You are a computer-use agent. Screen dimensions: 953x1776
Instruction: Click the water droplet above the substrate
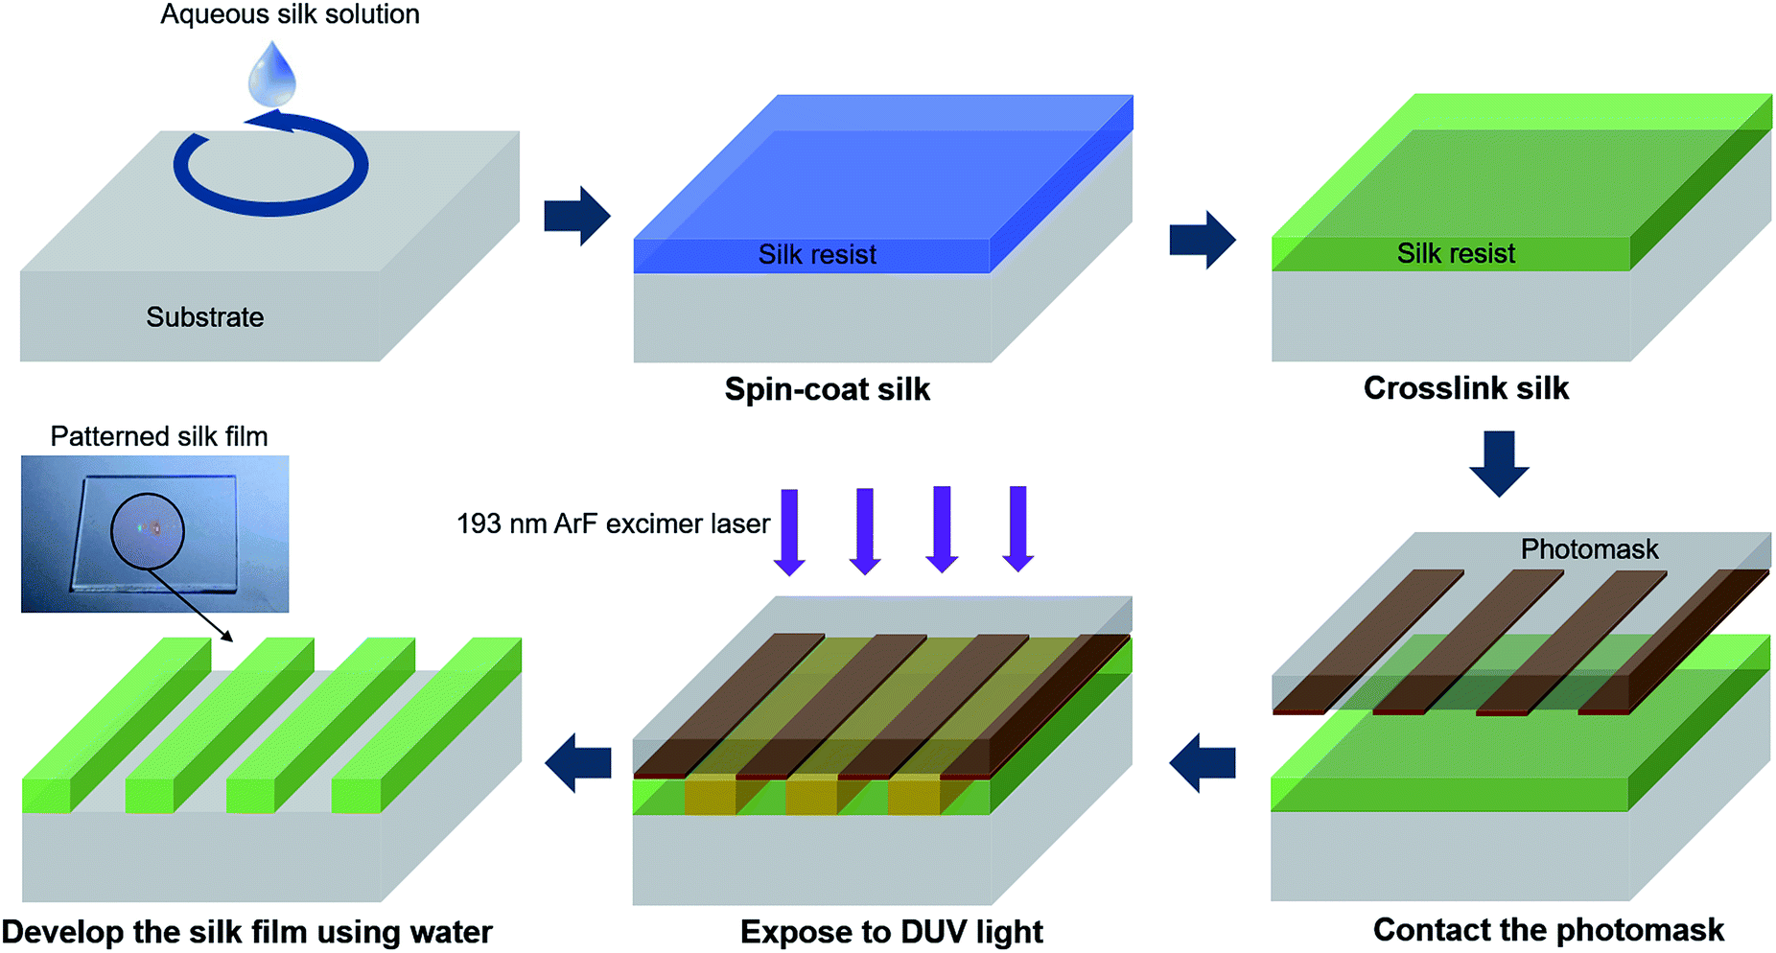[x=272, y=75]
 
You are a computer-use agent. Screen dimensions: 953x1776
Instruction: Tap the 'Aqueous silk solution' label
[x=290, y=14]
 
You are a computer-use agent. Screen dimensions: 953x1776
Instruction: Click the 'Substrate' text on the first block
[x=204, y=317]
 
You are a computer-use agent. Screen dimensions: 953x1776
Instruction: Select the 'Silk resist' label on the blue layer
[x=817, y=254]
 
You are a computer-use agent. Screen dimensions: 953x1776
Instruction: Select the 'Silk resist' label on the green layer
[x=1456, y=253]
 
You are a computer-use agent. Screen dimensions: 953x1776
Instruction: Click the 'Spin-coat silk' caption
[x=827, y=389]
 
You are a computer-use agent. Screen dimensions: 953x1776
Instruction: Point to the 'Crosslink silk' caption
[x=1465, y=388]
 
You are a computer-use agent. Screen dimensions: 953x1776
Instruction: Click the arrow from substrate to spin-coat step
[x=576, y=216]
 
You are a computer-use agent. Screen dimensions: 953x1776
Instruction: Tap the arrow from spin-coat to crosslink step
[x=1203, y=239]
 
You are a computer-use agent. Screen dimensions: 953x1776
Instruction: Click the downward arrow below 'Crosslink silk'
[x=1499, y=463]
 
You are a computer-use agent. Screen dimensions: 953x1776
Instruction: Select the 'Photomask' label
[x=1589, y=549]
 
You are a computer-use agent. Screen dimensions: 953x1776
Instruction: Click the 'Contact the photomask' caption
[x=1548, y=929]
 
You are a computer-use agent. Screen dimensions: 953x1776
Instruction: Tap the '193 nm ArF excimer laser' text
[x=613, y=523]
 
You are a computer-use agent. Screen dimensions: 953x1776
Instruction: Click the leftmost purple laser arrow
[x=789, y=531]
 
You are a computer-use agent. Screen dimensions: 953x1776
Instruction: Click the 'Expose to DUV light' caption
[x=891, y=931]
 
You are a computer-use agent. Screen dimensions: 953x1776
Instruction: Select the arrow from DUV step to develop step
[x=578, y=762]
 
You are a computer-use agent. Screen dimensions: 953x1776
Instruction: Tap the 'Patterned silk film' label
[x=158, y=436]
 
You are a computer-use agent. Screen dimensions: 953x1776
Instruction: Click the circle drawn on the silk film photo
[x=147, y=530]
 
